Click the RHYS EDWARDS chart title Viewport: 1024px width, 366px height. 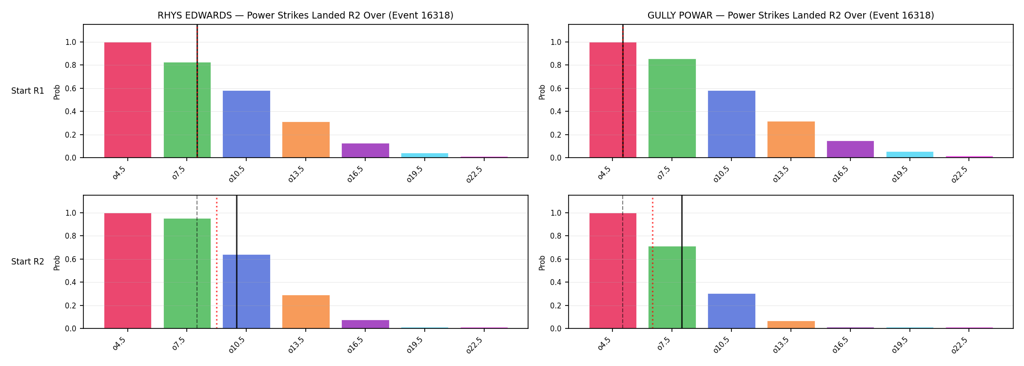pos(305,16)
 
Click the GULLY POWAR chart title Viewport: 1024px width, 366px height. pos(790,16)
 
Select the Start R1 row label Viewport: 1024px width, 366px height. pos(28,91)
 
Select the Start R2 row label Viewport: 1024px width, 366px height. pos(28,262)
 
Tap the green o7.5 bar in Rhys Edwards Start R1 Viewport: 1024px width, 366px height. pos(187,110)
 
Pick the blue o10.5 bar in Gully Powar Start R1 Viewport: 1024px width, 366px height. pos(731,124)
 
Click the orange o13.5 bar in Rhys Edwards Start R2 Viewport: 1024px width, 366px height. pos(306,312)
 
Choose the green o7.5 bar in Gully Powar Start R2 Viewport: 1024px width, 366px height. pos(672,287)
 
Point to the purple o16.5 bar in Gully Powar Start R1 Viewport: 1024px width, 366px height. pos(850,149)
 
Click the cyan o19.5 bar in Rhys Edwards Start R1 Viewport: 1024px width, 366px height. pos(425,155)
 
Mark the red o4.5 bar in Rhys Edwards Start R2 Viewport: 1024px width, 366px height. pos(128,271)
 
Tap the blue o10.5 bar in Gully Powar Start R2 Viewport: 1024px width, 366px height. pos(731,311)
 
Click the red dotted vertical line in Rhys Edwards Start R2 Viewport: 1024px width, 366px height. pos(217,262)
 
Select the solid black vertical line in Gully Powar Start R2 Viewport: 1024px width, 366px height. pos(682,262)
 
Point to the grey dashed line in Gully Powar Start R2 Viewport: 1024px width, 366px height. pos(623,262)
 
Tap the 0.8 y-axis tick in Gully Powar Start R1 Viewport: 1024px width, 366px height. pos(556,65)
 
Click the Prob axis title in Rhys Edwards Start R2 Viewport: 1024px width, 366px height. pos(57,263)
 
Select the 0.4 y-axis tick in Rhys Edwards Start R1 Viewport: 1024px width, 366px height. pos(71,112)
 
